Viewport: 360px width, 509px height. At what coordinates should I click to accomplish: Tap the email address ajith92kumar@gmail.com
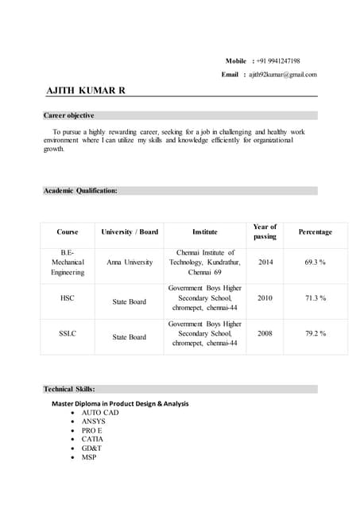282,75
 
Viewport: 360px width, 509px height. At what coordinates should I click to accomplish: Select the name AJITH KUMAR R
86,91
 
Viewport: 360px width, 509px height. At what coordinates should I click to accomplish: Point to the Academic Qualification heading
80,191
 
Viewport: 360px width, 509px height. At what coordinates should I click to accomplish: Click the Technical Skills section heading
69,389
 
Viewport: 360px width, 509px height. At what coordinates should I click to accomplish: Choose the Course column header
68,232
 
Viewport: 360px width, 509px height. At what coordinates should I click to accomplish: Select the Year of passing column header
265,231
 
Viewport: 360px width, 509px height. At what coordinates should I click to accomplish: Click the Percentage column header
315,232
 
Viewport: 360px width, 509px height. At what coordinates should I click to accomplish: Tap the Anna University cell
129,262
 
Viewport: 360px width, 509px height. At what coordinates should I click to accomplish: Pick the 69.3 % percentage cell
315,262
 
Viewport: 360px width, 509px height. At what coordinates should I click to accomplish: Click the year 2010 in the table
265,297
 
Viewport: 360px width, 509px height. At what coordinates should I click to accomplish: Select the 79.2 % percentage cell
315,333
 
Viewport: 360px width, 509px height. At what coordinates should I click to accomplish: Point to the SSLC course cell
68,333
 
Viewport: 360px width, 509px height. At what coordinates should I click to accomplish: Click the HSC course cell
68,297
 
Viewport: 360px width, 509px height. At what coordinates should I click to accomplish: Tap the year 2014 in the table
265,262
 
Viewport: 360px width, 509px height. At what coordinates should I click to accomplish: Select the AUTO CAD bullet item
100,414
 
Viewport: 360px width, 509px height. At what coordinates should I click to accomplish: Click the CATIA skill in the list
92,439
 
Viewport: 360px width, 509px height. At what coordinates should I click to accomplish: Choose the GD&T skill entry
91,448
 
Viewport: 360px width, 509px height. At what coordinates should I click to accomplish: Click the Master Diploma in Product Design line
120,403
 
